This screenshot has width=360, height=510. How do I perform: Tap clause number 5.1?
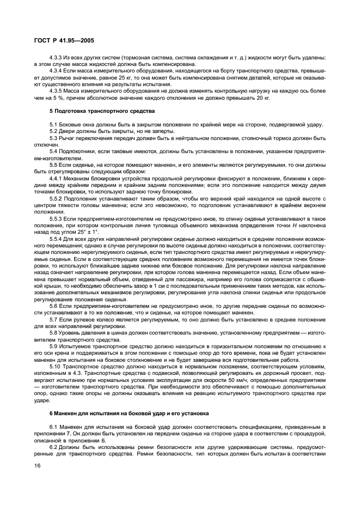pos(53,125)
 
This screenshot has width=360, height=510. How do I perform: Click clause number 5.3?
pos(53,138)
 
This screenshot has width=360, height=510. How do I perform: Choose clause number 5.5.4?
pos(57,238)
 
